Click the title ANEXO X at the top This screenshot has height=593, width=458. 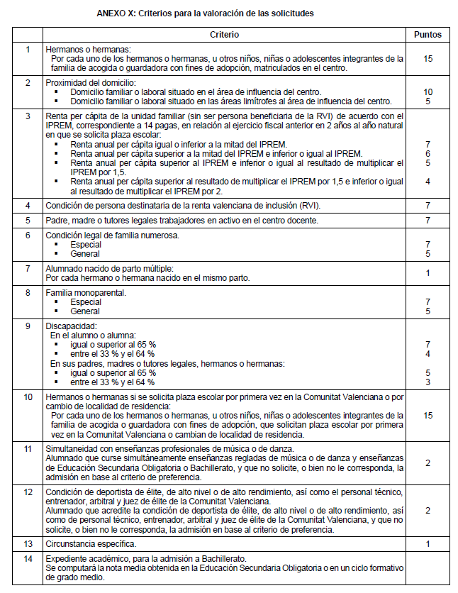pos(206,13)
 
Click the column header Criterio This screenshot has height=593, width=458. pos(225,35)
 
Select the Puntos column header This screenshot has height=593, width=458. pos(428,35)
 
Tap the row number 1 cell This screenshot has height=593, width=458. pos(28,50)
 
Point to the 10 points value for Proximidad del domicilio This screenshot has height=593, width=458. pos(428,92)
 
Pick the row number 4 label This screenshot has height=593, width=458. pos(28,206)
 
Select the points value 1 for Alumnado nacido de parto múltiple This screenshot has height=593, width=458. pos(428,273)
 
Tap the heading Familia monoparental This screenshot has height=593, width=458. pos(86,292)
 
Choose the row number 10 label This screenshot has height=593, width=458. pos(28,398)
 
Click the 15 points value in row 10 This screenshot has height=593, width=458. pos(428,415)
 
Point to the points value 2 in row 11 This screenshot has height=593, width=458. pos(428,463)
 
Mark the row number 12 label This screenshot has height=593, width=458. pos(28,491)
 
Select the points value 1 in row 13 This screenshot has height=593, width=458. pos(428,544)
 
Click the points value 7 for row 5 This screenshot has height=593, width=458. pos(428,221)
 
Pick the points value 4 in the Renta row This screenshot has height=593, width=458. pos(428,182)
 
